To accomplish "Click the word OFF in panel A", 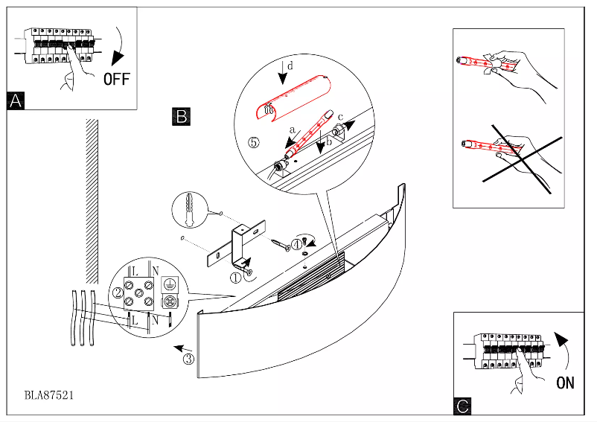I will [117, 79].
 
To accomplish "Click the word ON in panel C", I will [565, 383].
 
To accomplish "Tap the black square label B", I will [182, 116].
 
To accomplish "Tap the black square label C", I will [462, 406].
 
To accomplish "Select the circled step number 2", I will [117, 292].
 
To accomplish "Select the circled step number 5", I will [254, 142].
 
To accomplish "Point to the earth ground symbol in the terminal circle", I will [169, 284].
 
